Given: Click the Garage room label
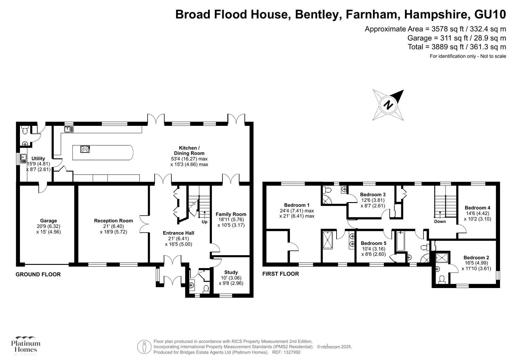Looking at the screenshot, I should click(x=48, y=221).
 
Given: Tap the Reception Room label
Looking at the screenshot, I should click(x=113, y=221).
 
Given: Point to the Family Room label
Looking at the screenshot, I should click(x=231, y=214).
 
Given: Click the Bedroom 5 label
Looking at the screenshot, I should click(x=373, y=243).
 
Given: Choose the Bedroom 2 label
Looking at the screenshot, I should click(x=476, y=257).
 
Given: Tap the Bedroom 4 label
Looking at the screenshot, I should click(x=477, y=208).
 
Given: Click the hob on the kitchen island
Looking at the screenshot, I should click(x=85, y=149).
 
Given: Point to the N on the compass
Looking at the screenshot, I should click(x=389, y=105).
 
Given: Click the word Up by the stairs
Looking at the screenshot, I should click(x=205, y=222).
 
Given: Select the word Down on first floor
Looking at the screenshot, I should click(x=440, y=221).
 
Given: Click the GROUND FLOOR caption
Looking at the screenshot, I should click(x=38, y=275).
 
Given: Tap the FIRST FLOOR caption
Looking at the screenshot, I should click(x=281, y=274).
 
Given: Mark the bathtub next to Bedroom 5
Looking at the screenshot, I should click(x=400, y=241).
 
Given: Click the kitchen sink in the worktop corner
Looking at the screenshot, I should click(x=69, y=129).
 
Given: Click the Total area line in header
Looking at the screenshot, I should click(x=457, y=47).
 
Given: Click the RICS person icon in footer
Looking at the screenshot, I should click(x=144, y=347).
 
